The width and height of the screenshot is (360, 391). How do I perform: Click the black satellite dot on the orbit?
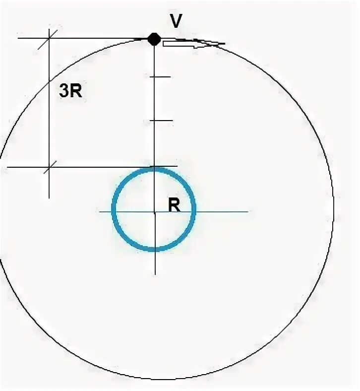tap(154, 39)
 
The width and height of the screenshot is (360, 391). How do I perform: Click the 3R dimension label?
tap(70, 92)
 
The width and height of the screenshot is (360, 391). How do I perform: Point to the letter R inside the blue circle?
tap(174, 205)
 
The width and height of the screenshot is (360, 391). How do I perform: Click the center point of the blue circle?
tap(155, 212)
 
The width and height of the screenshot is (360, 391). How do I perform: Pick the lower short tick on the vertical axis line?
tap(161, 120)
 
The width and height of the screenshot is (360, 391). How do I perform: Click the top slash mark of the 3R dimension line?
tap(49, 36)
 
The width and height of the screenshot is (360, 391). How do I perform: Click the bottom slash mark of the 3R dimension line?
tap(49, 168)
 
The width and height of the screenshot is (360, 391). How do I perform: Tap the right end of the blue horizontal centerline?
tap(247, 212)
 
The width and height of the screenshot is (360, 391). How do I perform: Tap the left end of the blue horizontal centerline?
tap(100, 212)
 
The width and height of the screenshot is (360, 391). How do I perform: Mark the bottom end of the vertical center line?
tap(155, 274)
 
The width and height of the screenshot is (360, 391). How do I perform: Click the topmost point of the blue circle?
tap(154, 170)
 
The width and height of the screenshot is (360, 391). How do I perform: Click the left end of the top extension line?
tap(18, 38)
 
